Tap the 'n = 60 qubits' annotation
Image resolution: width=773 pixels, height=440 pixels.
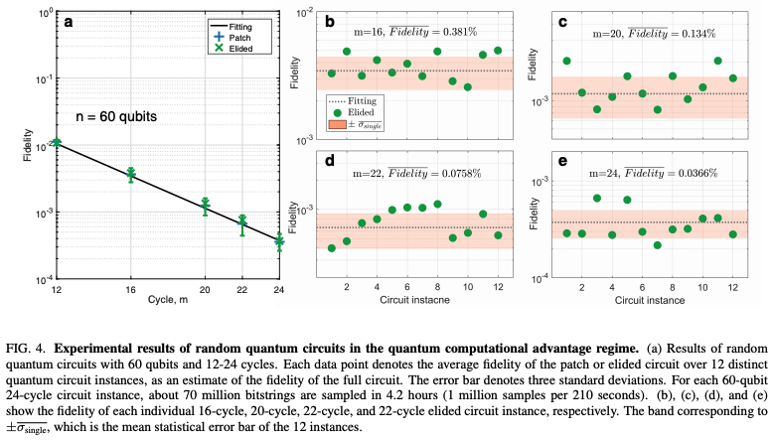[120, 116]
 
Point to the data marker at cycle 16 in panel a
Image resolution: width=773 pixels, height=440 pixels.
[130, 175]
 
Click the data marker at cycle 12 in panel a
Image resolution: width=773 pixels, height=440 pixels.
[57, 143]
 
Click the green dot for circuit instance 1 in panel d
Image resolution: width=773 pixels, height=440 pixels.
[331, 247]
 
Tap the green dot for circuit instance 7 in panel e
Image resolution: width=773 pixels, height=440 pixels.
[658, 244]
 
